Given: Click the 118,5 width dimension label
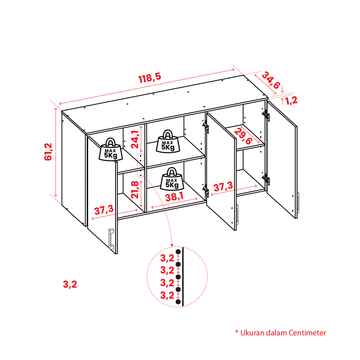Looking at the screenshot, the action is point(150,78).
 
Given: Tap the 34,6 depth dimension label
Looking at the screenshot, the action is point(271,80).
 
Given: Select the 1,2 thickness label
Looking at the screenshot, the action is point(291,101).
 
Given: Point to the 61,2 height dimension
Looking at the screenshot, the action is point(48,152).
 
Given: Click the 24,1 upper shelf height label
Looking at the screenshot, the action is point(135,139).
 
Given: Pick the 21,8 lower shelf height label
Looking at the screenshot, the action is point(135,189).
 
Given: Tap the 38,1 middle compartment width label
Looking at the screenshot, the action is point(174,197).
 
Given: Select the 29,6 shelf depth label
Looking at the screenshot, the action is point(243,137).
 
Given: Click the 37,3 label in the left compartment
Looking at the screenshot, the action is point(104,210).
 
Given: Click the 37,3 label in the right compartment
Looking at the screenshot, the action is point(223,186).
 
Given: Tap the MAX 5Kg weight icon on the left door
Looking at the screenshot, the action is point(111,150).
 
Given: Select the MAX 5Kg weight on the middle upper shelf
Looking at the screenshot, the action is point(168,141).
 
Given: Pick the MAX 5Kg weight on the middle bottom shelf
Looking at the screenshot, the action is point(172,179).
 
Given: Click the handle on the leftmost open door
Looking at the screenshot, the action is point(111,239).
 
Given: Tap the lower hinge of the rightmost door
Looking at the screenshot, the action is point(266,179).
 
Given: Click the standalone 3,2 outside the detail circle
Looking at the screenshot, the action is point(70,284).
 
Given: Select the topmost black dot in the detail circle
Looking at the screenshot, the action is point(178,252).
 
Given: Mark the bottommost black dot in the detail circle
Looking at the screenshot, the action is point(178,302).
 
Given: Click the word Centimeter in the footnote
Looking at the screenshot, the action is point(307,333).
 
